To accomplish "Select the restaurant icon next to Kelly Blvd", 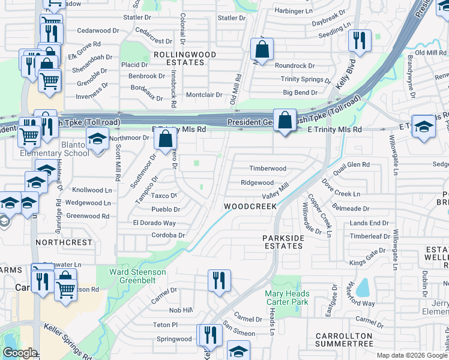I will point(358,41).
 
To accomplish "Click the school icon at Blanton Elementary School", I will point(97,140).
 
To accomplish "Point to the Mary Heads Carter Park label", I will point(287,298).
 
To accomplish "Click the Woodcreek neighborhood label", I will point(250,206).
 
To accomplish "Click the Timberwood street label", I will point(268,169).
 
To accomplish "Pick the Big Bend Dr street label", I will point(300,93).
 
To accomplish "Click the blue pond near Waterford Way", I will point(363,289).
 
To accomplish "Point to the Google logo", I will point(19,353).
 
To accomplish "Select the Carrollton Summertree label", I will point(345,340).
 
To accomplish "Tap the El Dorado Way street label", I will point(154,223).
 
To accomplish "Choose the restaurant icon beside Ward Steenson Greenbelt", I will point(217,280).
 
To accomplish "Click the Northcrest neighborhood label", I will point(64,242).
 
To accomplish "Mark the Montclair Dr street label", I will point(204,95).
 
